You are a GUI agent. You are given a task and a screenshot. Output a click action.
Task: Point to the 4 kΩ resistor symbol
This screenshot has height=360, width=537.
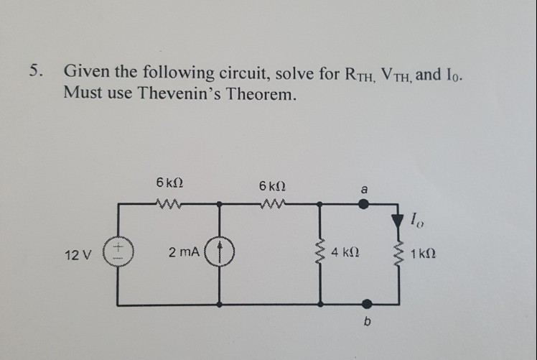tap(322, 254)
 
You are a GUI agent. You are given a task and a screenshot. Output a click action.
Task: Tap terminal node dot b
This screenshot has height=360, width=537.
tap(367, 304)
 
